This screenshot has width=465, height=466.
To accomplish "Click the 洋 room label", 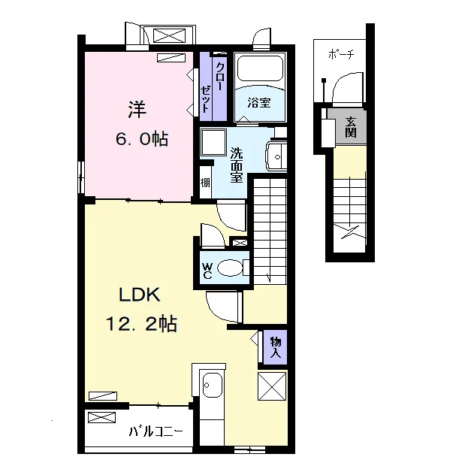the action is click(x=137, y=109).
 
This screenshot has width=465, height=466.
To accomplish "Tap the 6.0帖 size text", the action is click(x=142, y=139).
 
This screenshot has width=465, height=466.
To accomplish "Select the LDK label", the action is click(x=140, y=295).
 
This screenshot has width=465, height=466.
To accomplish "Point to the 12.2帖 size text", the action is click(x=141, y=324).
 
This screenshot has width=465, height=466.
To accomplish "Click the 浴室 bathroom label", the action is click(x=259, y=102).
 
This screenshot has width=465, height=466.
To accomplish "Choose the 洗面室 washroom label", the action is click(x=237, y=165).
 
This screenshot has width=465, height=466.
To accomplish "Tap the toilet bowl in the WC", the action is click(x=230, y=268).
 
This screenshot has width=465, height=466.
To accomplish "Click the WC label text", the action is click(x=207, y=271).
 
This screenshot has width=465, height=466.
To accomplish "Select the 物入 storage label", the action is click(x=276, y=347).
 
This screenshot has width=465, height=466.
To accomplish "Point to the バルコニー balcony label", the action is click(x=156, y=431).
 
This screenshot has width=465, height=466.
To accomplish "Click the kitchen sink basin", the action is click(x=212, y=385).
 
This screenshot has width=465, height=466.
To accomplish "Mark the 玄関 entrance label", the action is click(x=351, y=127).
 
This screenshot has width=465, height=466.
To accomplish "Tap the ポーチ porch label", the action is click(x=341, y=54).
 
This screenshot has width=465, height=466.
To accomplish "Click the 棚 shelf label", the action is click(x=205, y=182).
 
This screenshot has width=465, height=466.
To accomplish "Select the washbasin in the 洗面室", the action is click(x=276, y=156).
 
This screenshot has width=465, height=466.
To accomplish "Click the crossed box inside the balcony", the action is click(x=101, y=417).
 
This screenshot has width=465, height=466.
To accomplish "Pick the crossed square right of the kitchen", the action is click(x=272, y=386).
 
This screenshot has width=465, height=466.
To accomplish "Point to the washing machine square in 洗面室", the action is click(x=213, y=143).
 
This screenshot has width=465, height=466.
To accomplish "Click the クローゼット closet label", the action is click(x=213, y=87).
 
